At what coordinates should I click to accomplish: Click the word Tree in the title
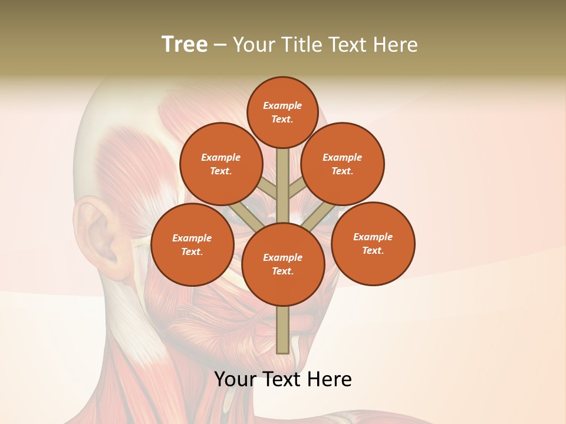click(x=185, y=44)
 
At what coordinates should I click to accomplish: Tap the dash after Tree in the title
click(x=221, y=45)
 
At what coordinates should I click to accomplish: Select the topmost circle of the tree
click(x=282, y=112)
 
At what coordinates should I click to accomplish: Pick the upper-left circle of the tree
click(x=221, y=164)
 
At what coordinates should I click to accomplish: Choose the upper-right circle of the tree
click(x=343, y=164)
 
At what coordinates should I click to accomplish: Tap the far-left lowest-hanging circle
click(x=192, y=244)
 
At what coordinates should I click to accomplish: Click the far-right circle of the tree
click(x=373, y=243)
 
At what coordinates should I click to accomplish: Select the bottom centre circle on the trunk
click(x=283, y=264)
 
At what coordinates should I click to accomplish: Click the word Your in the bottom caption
click(x=236, y=379)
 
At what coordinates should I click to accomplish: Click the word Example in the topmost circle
click(x=282, y=105)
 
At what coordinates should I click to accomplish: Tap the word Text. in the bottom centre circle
click(x=282, y=271)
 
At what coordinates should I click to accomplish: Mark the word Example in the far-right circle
click(x=373, y=237)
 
